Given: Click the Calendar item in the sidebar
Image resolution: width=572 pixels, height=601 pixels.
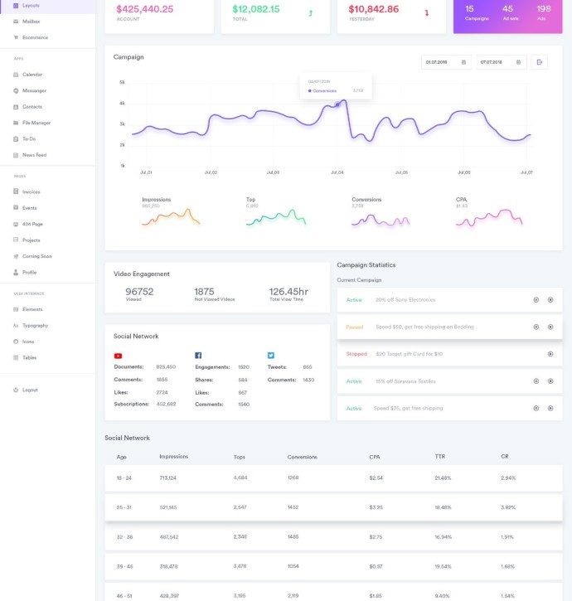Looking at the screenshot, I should pos(32,75).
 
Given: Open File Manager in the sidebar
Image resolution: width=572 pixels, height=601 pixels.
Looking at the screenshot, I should pos(36,123).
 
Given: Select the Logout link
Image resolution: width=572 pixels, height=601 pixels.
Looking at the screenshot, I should pos(30,390).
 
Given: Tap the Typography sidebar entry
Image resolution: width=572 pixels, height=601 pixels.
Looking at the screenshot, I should pos(35,325).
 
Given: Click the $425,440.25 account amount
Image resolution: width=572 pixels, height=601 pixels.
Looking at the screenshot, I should pos(145,10).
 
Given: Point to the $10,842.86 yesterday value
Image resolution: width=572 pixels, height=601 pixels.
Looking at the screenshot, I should pos(373,10).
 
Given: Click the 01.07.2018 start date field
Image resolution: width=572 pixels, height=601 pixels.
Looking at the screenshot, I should pos(440,62).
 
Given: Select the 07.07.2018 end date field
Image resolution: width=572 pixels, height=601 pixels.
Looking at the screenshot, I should pos(496,62).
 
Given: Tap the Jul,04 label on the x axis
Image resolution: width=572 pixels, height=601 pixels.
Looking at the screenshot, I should pos(337,172).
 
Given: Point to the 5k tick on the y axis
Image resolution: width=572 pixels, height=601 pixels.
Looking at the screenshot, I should pos(122,83).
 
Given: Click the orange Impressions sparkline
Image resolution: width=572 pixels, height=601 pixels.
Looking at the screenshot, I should pos(171,217).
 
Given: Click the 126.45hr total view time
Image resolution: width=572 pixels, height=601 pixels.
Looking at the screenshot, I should pos(288,292).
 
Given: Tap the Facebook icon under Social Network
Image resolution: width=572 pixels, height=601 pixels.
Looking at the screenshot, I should pos(198,355).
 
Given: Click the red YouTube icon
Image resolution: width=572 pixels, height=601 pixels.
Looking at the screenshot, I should pos(118,355).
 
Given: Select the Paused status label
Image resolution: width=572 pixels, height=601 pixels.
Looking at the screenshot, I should pos(355,327).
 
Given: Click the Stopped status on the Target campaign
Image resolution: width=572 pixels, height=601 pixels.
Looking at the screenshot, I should pos(356,354).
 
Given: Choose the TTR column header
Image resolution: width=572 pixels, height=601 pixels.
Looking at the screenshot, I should pos(439,457).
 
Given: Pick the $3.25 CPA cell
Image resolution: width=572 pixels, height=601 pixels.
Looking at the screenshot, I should pos(375,507).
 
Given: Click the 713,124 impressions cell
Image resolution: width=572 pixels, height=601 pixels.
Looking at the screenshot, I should pos(169,478).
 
